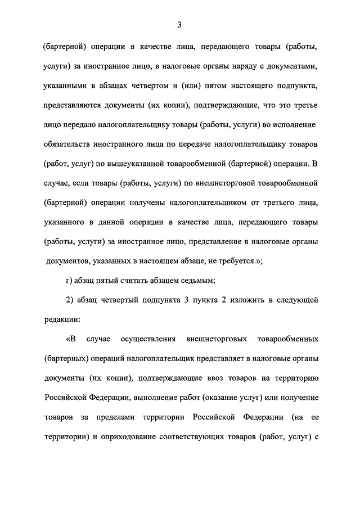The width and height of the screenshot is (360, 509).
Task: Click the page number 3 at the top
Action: (x=179, y=24)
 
